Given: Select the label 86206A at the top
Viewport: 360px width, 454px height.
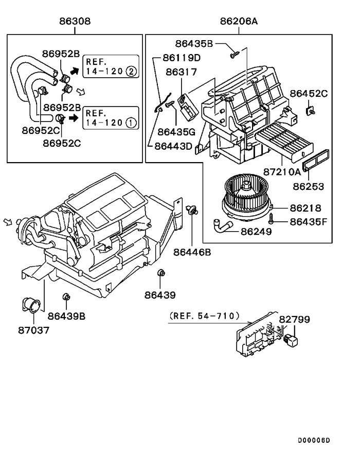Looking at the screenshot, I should pos(239,21).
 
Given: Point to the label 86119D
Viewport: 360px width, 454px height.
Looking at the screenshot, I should pos(181,58).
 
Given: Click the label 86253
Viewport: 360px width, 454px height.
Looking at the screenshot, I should pos(309,186).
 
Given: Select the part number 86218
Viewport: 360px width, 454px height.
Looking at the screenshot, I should pos(305,208).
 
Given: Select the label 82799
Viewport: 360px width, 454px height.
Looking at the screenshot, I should pos(294,320).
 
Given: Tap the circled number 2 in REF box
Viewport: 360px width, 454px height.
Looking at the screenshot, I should pos(131,72).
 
